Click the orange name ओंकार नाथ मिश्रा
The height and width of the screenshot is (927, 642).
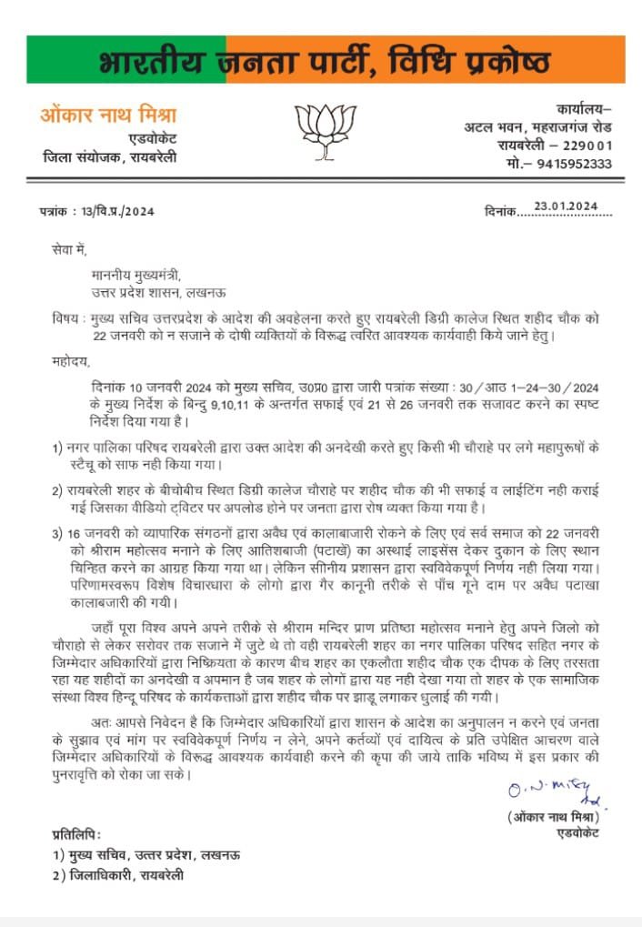[108, 116]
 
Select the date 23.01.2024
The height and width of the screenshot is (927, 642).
[566, 207]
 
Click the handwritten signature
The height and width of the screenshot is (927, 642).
[554, 793]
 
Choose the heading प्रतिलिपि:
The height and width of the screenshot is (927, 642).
[77, 835]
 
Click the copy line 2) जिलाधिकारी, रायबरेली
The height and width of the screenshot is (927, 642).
[118, 875]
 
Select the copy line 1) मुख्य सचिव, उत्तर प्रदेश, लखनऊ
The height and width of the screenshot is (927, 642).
[146, 856]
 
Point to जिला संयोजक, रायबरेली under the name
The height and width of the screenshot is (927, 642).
[110, 157]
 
